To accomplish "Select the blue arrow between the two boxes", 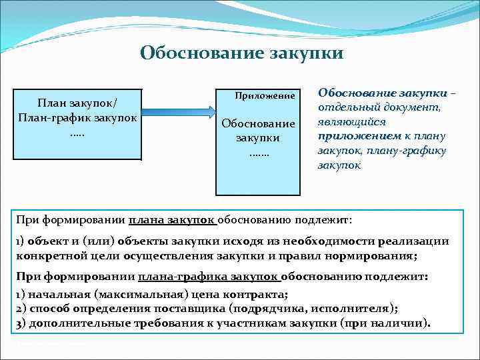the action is (179, 112).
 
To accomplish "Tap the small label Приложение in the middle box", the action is (264, 97).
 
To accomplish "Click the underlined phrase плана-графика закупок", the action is (209, 277).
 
